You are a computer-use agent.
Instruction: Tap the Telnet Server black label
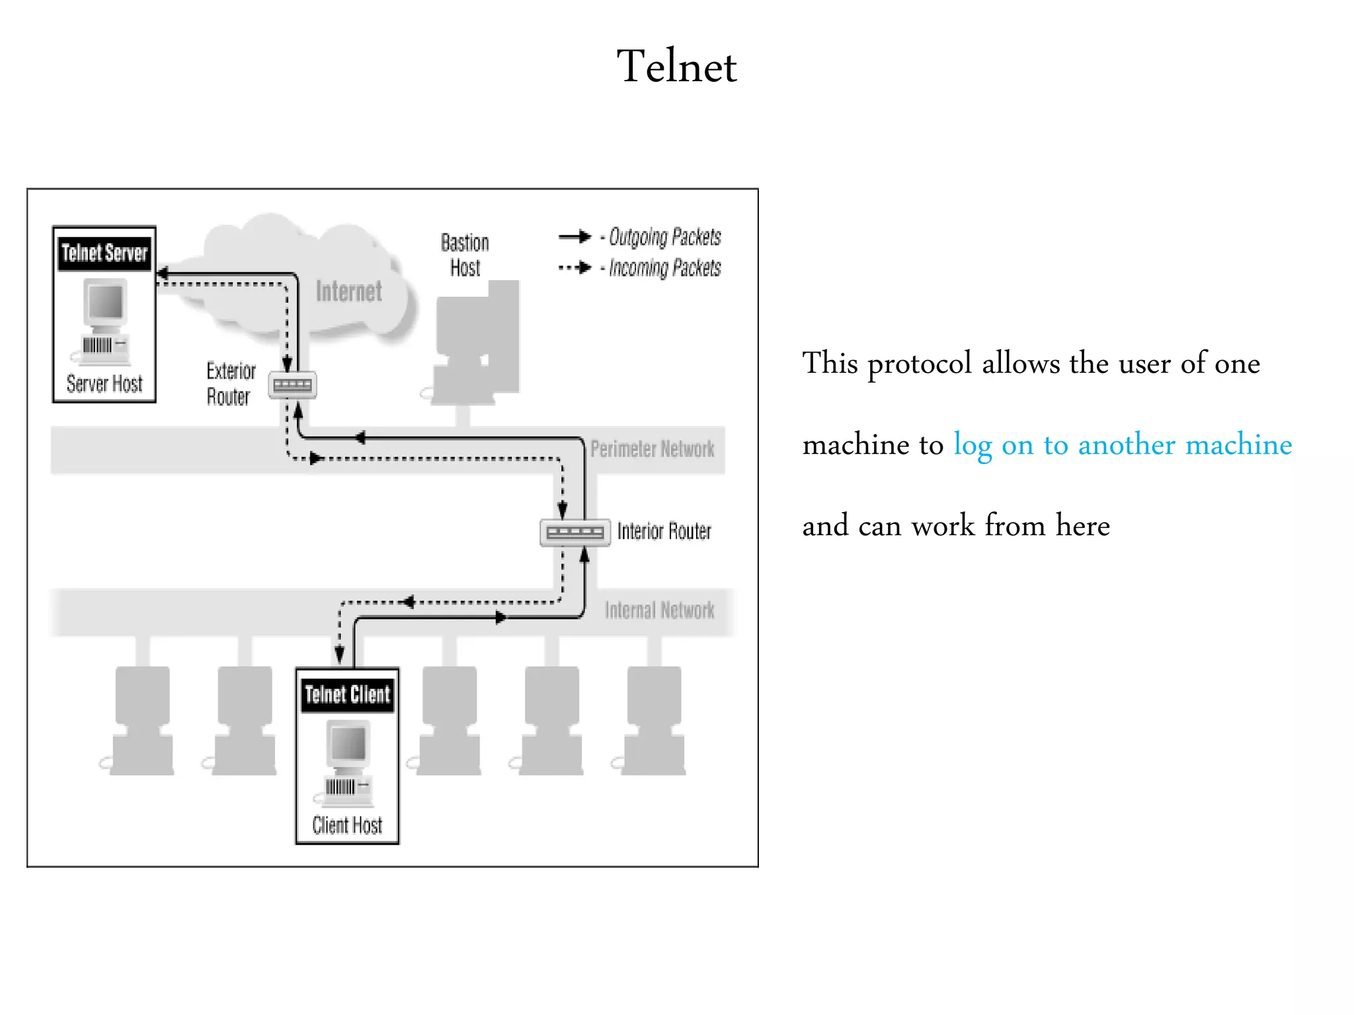click(104, 254)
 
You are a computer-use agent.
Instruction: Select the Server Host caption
click(104, 384)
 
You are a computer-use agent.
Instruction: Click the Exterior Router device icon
click(292, 385)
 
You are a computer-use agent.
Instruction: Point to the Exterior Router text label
click(230, 384)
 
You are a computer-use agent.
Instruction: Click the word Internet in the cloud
click(348, 291)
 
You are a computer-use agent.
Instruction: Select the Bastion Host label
click(465, 255)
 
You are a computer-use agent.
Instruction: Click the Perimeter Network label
click(652, 449)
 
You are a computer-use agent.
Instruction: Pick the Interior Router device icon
click(575, 533)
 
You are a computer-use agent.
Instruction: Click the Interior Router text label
click(664, 531)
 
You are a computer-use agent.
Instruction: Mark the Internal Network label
click(659, 611)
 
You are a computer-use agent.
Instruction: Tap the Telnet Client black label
click(348, 695)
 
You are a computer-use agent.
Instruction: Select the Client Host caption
click(347, 825)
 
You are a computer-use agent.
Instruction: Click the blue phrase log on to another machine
click(1122, 445)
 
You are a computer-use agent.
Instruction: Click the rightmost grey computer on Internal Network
click(653, 720)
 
